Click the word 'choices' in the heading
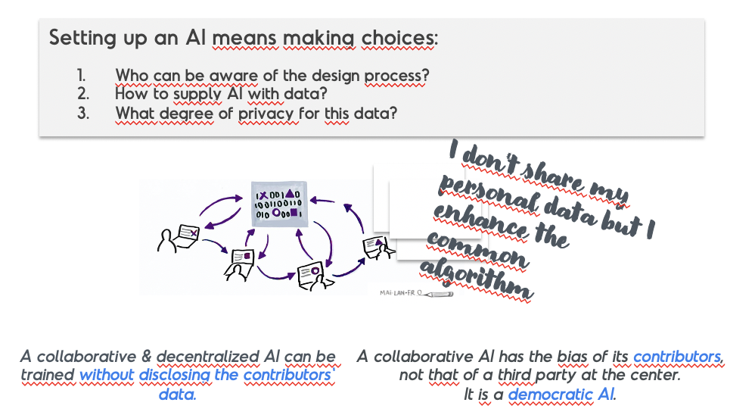(399, 38)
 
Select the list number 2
(82, 93)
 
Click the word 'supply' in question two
(197, 94)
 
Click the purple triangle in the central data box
(290, 193)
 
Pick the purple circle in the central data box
(276, 213)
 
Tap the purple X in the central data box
(263, 195)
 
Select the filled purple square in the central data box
(294, 212)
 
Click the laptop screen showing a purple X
(188, 233)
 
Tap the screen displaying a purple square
(243, 257)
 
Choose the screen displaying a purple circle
(309, 273)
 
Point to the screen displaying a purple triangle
(374, 245)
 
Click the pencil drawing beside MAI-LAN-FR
(435, 294)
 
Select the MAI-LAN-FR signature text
(397, 292)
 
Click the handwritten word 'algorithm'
(476, 280)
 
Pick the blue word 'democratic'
(550, 395)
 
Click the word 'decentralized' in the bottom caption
(207, 357)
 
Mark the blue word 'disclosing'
(175, 375)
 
